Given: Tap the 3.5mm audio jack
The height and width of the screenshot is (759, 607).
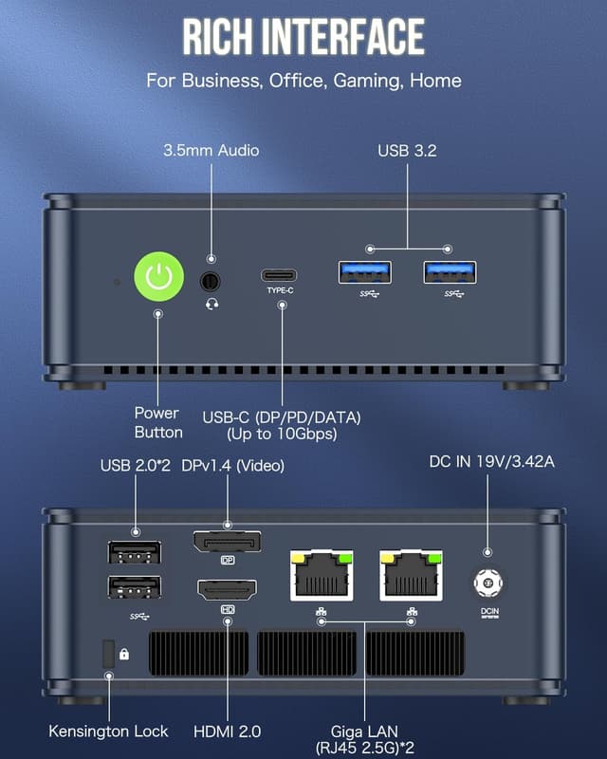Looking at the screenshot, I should pos(211,281).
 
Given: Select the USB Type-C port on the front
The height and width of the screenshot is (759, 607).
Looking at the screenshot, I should pos(280,275).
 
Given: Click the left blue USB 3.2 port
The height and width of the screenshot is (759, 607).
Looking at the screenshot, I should pos(365,272).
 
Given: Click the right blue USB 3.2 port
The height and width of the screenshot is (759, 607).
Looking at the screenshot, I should pos(450,272).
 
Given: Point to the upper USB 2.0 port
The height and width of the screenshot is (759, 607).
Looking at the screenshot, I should pos(135,553).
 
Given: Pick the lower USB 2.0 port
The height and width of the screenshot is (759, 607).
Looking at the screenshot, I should pos(135,587).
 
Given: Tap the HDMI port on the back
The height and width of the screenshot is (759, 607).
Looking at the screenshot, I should pos(228,589).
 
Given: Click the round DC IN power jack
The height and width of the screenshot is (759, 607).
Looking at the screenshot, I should pos(487,582).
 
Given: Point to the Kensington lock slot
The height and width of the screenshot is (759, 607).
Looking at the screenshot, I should pos(108,653).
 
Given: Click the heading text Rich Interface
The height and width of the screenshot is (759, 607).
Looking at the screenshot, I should pos(303,37).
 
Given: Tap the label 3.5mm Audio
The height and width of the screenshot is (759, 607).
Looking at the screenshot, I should pos(211,150).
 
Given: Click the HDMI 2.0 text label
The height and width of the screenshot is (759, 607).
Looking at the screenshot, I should pos(228,731).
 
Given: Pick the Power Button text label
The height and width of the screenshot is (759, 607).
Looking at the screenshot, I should pos(157,422).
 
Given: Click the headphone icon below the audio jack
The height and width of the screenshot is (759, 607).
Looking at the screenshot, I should pos(211,304).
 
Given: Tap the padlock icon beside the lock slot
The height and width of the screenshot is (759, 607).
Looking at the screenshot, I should pos(125,654).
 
